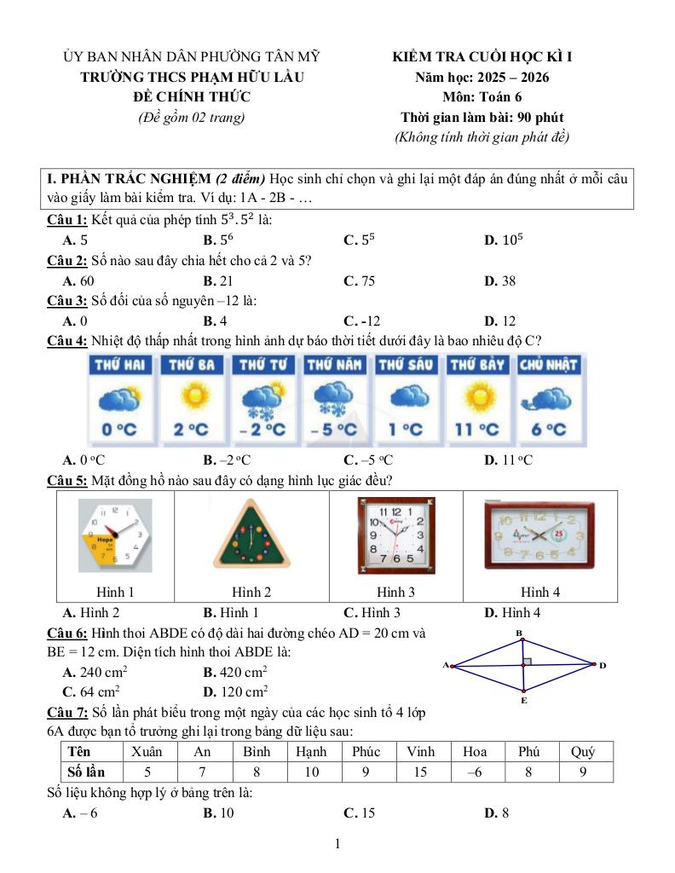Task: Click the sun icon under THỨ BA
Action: pyautogui.click(x=192, y=397)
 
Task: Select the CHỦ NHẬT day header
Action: pyautogui.click(x=548, y=365)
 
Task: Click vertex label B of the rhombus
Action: pyautogui.click(x=519, y=633)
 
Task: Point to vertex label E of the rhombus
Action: pyautogui.click(x=524, y=700)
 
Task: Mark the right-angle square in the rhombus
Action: pyautogui.click(x=528, y=661)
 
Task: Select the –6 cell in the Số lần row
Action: pyautogui.click(x=474, y=772)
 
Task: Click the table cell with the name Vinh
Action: pyautogui.click(x=420, y=751)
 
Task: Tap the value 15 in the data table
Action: pyautogui.click(x=420, y=772)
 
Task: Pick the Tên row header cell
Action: pyautogui.click(x=91, y=751)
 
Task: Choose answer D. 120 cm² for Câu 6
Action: pyautogui.click(x=235, y=691)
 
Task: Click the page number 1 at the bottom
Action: pyautogui.click(x=337, y=844)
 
